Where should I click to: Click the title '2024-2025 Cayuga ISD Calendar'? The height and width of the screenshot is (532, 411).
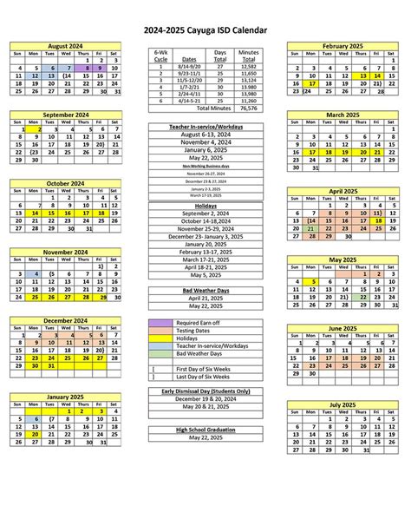[x=205, y=30]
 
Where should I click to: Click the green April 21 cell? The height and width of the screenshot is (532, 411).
[x=311, y=228]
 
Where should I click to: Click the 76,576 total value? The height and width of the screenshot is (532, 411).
[x=249, y=108]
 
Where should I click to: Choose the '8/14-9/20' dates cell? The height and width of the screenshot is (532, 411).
[x=190, y=67]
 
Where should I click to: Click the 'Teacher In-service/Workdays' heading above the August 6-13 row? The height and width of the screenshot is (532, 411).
[x=205, y=127]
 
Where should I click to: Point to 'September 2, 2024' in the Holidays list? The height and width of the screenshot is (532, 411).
[x=205, y=213]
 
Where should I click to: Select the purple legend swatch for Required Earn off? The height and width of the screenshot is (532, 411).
[x=160, y=323]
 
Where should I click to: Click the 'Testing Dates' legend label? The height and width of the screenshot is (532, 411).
[x=193, y=331]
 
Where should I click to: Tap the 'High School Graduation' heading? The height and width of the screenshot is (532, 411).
[x=205, y=430]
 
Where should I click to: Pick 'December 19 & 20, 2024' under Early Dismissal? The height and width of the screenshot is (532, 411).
[x=205, y=398]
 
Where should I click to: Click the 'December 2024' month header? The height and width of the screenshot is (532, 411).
[x=66, y=319]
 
